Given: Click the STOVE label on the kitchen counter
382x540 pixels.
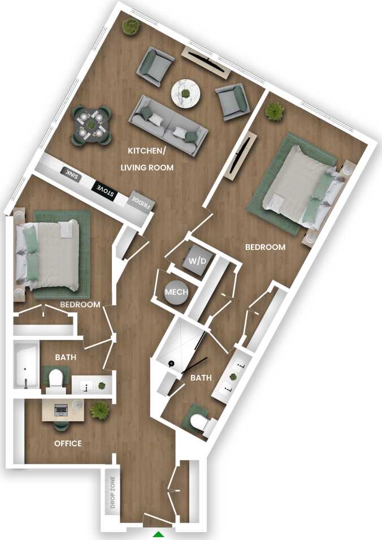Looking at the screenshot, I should click(106, 191).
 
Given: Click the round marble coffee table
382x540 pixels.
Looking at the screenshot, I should click(186, 93).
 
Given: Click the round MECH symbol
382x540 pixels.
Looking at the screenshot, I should click(173, 292).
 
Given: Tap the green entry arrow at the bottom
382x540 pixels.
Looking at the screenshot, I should click(159, 534).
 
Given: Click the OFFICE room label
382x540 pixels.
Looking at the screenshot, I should click(68, 443).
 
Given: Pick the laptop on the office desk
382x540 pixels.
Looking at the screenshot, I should click(61, 409).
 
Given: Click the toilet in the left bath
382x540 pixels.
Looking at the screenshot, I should click(56, 380).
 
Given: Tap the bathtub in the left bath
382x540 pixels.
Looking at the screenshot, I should click(27, 365).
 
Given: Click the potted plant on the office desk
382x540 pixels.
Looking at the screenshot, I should click(100, 409).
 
